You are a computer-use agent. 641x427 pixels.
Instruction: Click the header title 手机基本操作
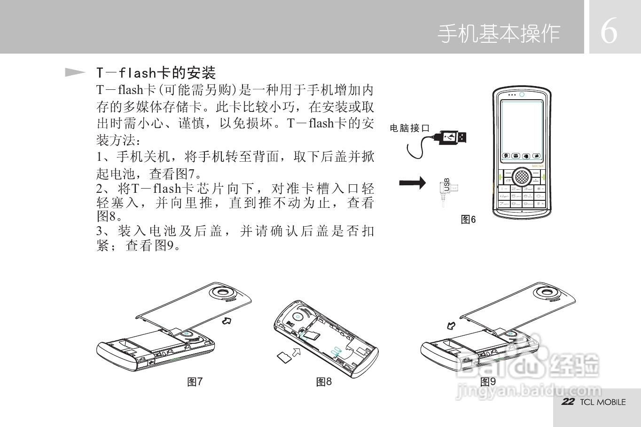499,34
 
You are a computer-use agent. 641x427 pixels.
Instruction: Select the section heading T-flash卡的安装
156,73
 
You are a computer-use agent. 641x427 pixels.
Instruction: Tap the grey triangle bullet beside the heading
75,72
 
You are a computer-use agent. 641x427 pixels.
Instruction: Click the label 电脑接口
410,128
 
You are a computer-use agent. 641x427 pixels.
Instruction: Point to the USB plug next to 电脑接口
453,137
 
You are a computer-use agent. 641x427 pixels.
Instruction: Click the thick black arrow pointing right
412,182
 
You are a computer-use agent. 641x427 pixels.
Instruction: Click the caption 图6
468,220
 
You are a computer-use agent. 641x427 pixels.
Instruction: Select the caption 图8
324,382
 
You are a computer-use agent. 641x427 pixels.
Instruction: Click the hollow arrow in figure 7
227,321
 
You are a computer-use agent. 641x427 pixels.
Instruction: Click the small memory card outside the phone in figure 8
283,357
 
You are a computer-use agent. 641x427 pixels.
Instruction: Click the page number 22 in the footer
568,402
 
